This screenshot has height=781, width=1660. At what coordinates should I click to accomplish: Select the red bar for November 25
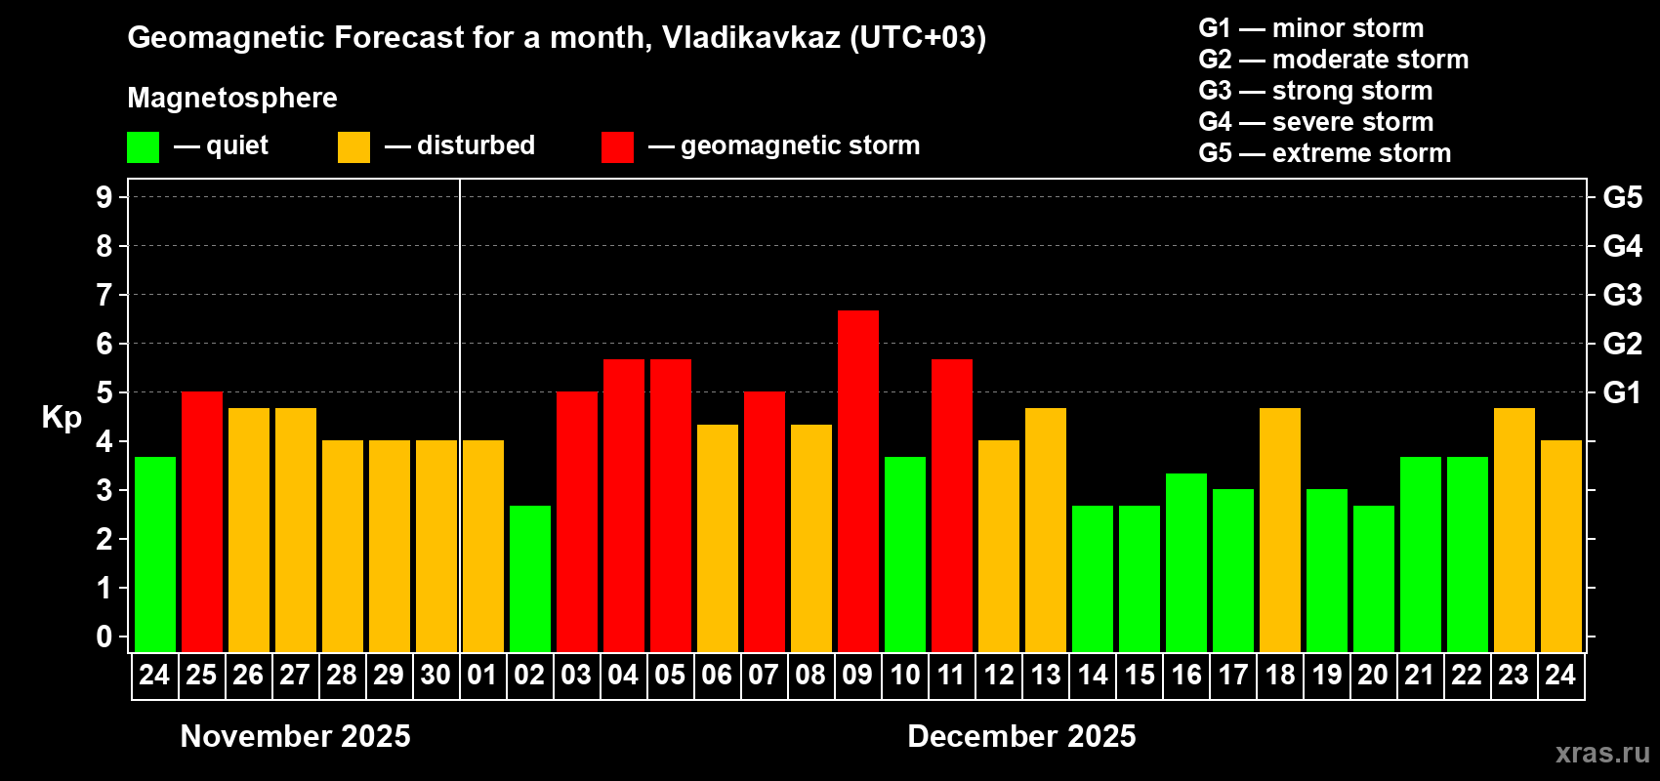pyautogui.click(x=202, y=521)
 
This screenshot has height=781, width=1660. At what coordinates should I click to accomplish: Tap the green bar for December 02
pyautogui.click(x=530, y=578)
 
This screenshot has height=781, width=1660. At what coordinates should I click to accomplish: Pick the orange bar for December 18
pyautogui.click(x=1280, y=529)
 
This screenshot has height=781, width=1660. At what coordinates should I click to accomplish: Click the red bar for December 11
pyautogui.click(x=952, y=505)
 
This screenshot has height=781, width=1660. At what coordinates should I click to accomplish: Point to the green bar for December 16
pyautogui.click(x=1186, y=562)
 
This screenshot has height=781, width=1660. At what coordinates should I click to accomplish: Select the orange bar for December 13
pyautogui.click(x=1046, y=529)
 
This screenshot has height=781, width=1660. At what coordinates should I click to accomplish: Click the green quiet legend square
pyautogui.click(x=144, y=147)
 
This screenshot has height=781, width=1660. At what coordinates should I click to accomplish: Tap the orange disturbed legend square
pyautogui.click(x=353, y=147)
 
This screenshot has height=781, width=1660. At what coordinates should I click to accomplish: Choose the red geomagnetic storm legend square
pyautogui.click(x=617, y=147)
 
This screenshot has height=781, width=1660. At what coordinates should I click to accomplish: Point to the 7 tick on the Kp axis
pyautogui.click(x=104, y=295)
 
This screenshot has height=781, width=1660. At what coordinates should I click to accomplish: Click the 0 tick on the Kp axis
pyautogui.click(x=104, y=637)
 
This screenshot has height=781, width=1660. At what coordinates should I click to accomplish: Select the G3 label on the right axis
pyautogui.click(x=1622, y=295)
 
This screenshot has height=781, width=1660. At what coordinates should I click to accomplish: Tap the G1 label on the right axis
pyautogui.click(x=1622, y=392)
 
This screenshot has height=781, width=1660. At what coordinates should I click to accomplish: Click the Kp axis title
pyautogui.click(x=62, y=417)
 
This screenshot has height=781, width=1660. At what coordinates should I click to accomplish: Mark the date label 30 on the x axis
pyautogui.click(x=436, y=675)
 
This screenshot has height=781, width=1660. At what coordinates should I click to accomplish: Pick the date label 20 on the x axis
pyautogui.click(x=1373, y=675)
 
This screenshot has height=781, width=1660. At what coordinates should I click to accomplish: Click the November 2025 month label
pyautogui.click(x=296, y=736)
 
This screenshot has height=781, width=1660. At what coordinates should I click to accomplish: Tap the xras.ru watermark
pyautogui.click(x=1602, y=753)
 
